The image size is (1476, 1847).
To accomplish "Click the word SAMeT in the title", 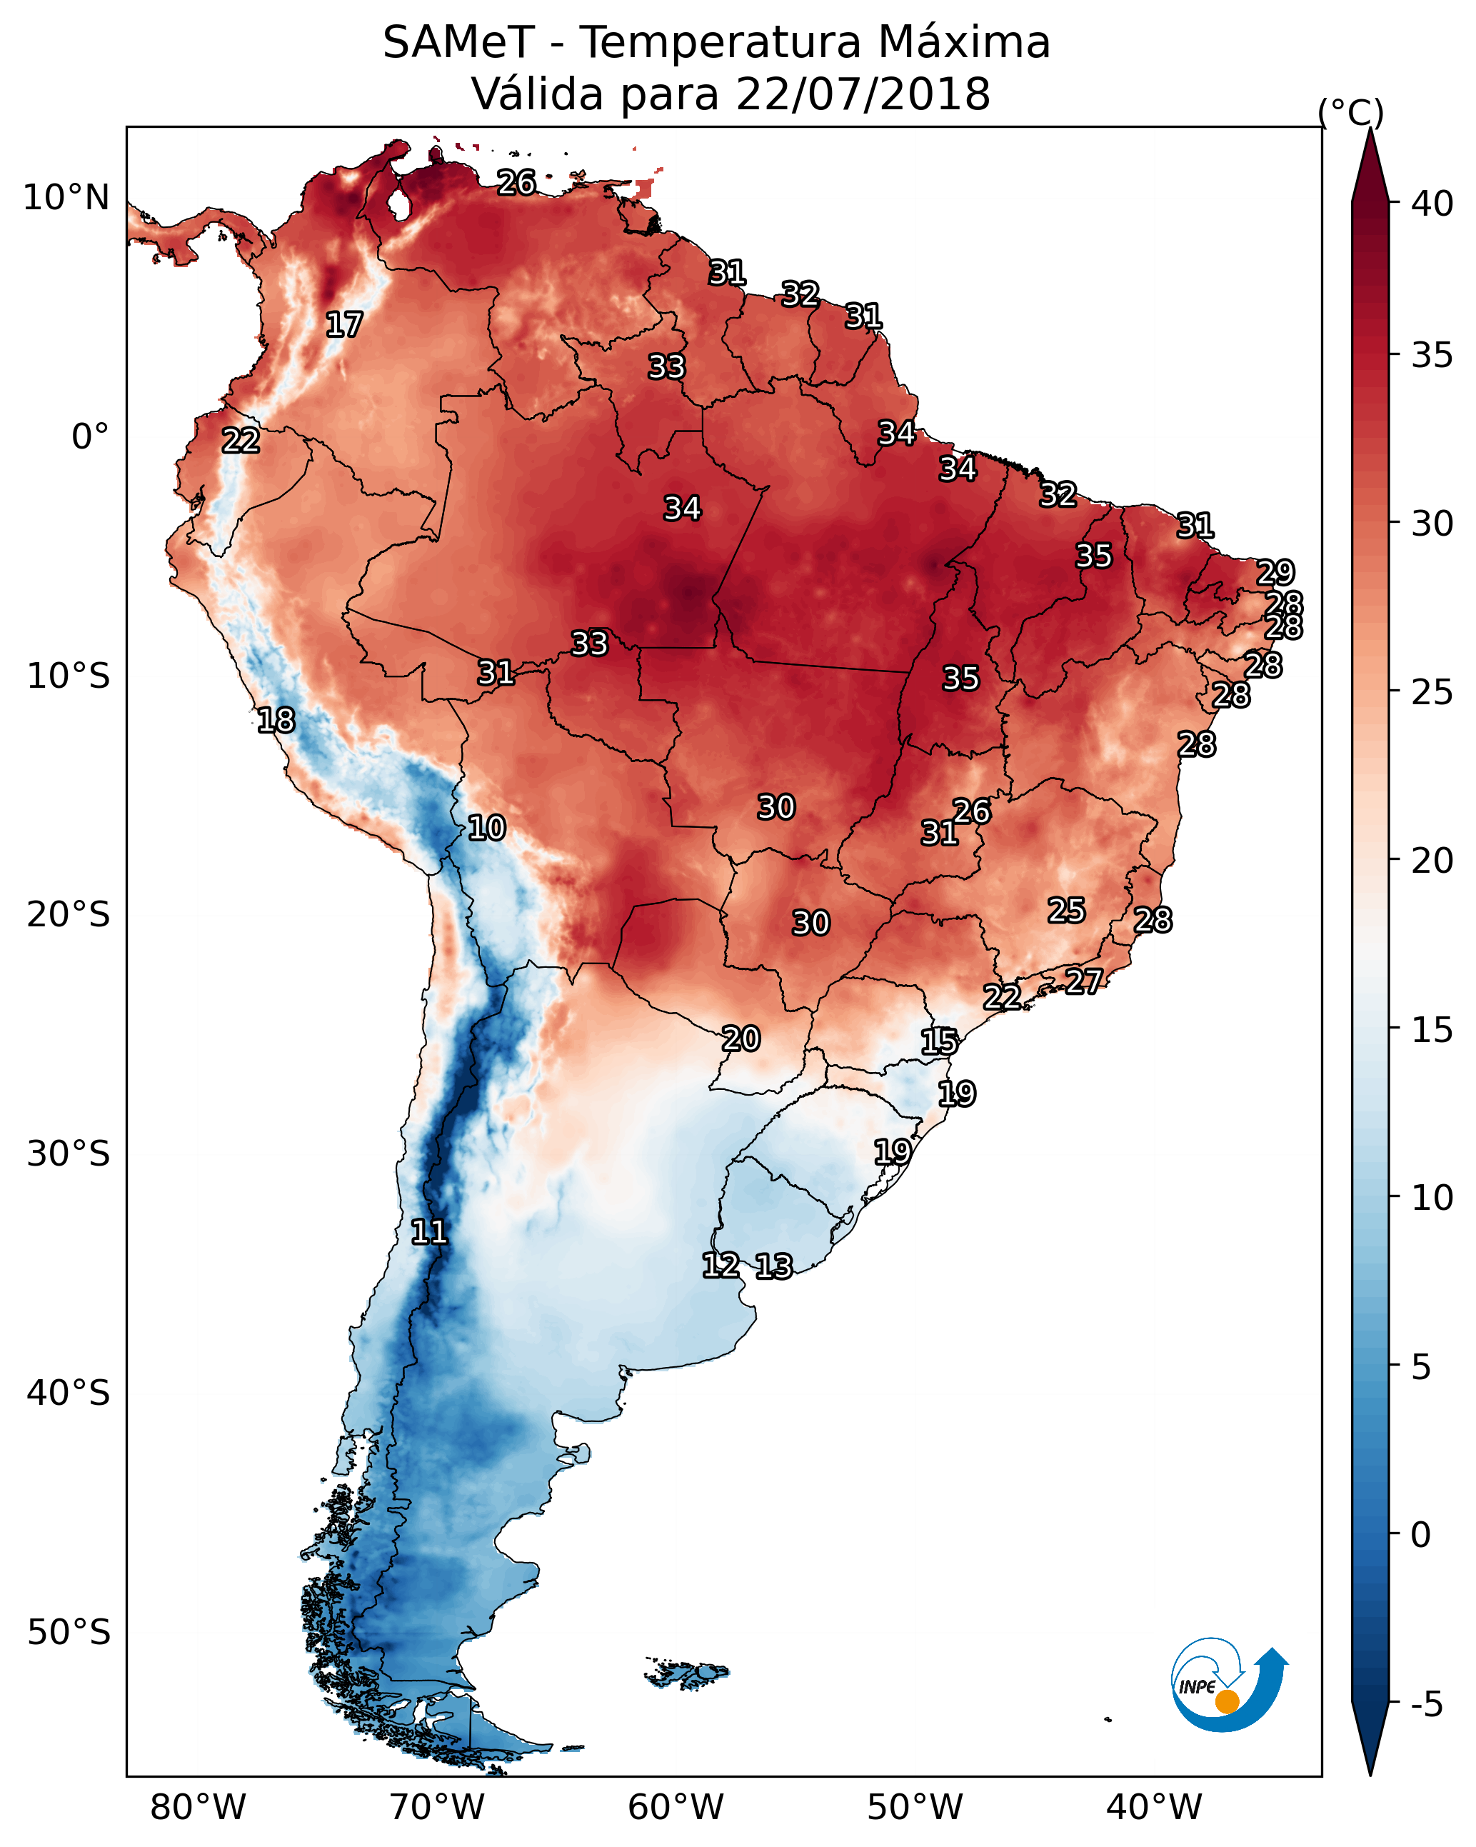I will pyautogui.click(x=458, y=43).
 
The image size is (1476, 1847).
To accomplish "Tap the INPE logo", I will pyautogui.click(x=1228, y=1684).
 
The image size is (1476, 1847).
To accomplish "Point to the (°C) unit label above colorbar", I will pyautogui.click(x=1350, y=112).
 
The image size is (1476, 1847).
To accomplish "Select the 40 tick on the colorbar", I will pyautogui.click(x=1432, y=204).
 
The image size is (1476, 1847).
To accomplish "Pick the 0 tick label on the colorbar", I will pyautogui.click(x=1420, y=1535).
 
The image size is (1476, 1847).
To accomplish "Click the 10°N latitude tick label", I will pyautogui.click(x=66, y=198).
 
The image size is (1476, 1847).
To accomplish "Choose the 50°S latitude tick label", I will pyautogui.click(x=69, y=1633).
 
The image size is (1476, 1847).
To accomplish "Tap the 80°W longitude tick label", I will pyautogui.click(x=198, y=1807).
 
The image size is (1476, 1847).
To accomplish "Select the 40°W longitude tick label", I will pyautogui.click(x=1154, y=1807).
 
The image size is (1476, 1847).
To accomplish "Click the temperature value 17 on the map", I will pyautogui.click(x=344, y=325).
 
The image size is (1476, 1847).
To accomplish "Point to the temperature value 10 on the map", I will pyautogui.click(x=486, y=828).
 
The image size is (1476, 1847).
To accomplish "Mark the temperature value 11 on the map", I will pyautogui.click(x=429, y=1232).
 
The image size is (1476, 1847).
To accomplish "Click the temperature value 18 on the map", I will pyautogui.click(x=276, y=721).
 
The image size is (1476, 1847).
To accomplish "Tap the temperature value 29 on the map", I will pyautogui.click(x=1275, y=571).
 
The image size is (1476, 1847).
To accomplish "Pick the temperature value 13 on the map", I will pyautogui.click(x=773, y=1266).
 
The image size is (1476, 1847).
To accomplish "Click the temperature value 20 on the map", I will pyautogui.click(x=741, y=1038).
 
